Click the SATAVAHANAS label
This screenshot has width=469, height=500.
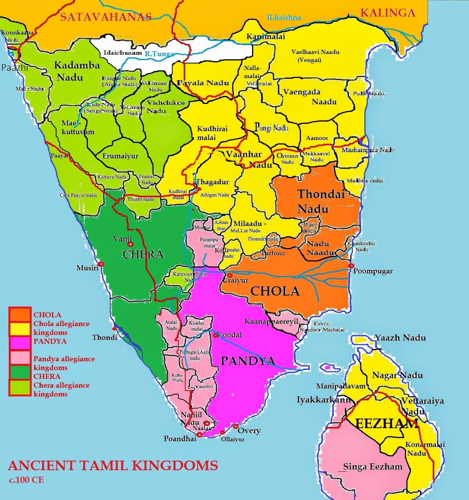106,17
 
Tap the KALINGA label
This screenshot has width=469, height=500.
387,13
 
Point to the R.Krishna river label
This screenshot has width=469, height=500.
283,18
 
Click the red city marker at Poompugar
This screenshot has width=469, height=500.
351,266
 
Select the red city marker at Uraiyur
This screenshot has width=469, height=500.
230,275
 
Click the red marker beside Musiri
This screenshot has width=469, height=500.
101,264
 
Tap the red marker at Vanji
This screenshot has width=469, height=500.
131,244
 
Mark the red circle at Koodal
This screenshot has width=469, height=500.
215,335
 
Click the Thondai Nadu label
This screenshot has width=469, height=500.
320,201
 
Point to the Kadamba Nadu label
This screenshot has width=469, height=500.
76,71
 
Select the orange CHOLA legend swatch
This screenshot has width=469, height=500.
20,315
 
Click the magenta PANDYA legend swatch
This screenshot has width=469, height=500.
20,341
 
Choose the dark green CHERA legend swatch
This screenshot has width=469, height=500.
20,372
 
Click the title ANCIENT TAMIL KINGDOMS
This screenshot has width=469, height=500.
113,466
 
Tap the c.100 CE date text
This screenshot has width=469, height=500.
27,480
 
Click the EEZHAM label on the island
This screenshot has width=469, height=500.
387,424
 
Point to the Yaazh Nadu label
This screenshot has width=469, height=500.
400,338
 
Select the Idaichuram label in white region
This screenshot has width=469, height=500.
123,53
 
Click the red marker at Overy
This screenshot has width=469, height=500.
235,426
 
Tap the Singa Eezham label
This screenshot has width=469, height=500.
372,467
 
